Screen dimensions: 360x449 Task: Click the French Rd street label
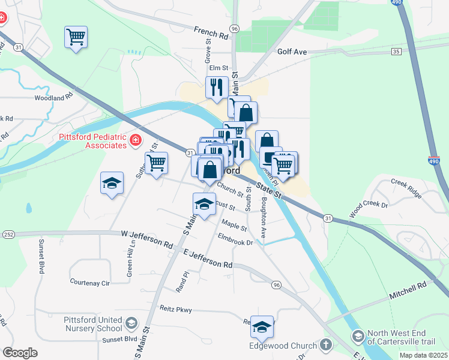[x=211, y=32]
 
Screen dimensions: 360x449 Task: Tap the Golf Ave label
[x=292, y=52]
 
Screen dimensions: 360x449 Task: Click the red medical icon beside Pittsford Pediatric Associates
[x=136, y=140]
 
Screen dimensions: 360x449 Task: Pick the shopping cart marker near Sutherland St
[x=156, y=163]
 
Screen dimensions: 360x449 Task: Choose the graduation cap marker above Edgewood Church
[x=262, y=326]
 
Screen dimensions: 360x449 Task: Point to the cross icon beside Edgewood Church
[x=325, y=345]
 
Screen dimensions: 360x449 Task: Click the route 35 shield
[x=396, y=52]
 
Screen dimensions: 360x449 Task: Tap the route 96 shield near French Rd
[x=234, y=29]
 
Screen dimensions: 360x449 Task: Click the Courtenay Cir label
[x=91, y=281]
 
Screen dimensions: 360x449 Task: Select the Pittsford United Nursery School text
[x=92, y=324]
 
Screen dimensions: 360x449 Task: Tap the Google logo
[x=20, y=352]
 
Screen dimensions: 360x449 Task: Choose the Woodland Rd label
[x=53, y=96]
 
